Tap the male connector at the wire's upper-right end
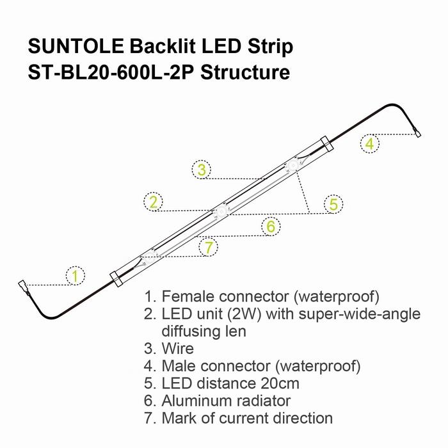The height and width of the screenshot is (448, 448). [417, 132]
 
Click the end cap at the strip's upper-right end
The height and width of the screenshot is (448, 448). [327, 144]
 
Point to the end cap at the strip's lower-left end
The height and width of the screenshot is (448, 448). [116, 279]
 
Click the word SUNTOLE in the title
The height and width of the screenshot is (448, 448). [76, 46]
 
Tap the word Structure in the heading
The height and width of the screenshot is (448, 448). [245, 72]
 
